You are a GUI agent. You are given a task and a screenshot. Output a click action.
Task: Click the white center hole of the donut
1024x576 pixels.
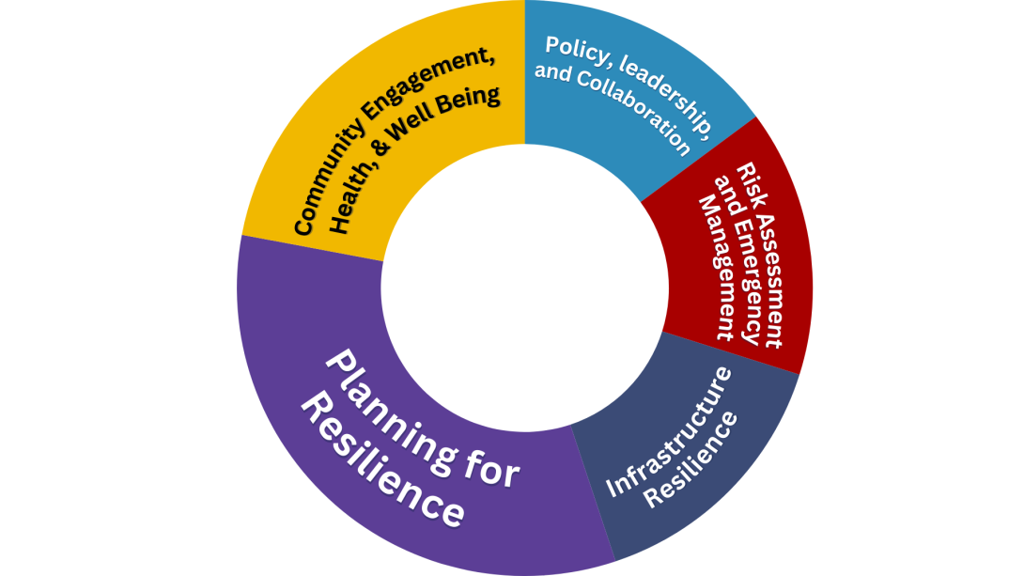[x=522, y=288]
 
